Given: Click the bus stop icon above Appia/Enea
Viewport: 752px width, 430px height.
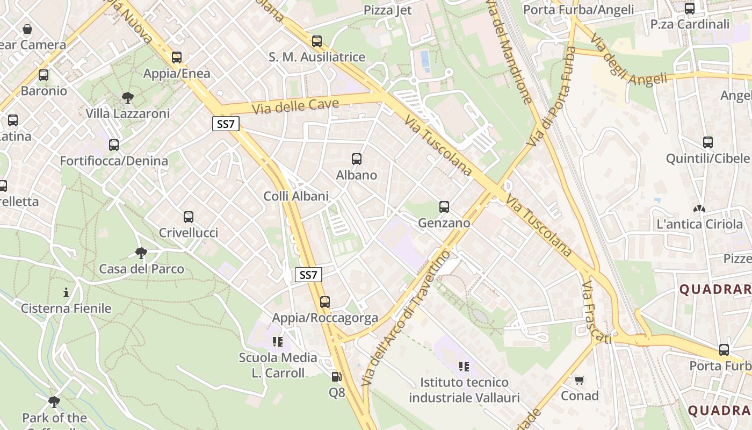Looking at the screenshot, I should click(x=177, y=58).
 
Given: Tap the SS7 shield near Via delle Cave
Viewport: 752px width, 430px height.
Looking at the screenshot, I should click(x=226, y=124).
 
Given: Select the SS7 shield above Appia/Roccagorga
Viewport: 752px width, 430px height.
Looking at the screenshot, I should click(x=308, y=275).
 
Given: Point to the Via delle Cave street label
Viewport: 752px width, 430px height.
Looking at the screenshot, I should click(x=295, y=106).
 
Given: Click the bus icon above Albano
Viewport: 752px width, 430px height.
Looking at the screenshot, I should click(x=357, y=159).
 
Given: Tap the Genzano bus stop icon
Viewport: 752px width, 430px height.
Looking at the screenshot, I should click(x=444, y=207).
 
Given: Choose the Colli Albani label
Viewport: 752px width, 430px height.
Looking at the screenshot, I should click(x=296, y=196).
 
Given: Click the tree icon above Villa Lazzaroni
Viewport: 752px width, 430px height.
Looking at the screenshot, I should click(x=128, y=97).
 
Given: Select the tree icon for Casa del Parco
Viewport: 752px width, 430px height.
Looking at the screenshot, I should click(x=141, y=253).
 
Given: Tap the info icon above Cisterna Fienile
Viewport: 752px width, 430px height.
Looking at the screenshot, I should click(x=66, y=292).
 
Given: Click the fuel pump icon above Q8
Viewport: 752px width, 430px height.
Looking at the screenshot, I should click(x=337, y=377).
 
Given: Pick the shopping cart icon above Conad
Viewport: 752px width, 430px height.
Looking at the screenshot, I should click(x=579, y=380).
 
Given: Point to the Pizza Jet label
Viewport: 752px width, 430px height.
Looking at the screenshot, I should click(x=387, y=10).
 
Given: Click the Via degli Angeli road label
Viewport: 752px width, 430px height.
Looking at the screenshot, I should click(x=628, y=60).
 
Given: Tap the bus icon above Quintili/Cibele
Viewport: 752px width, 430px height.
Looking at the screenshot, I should click(x=708, y=142).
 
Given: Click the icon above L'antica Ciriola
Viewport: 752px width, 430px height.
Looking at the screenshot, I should click(x=699, y=208).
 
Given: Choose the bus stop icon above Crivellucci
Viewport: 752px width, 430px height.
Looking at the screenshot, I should click(x=189, y=217).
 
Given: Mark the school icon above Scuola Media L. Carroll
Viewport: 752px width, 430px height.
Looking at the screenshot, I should click(x=278, y=341).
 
